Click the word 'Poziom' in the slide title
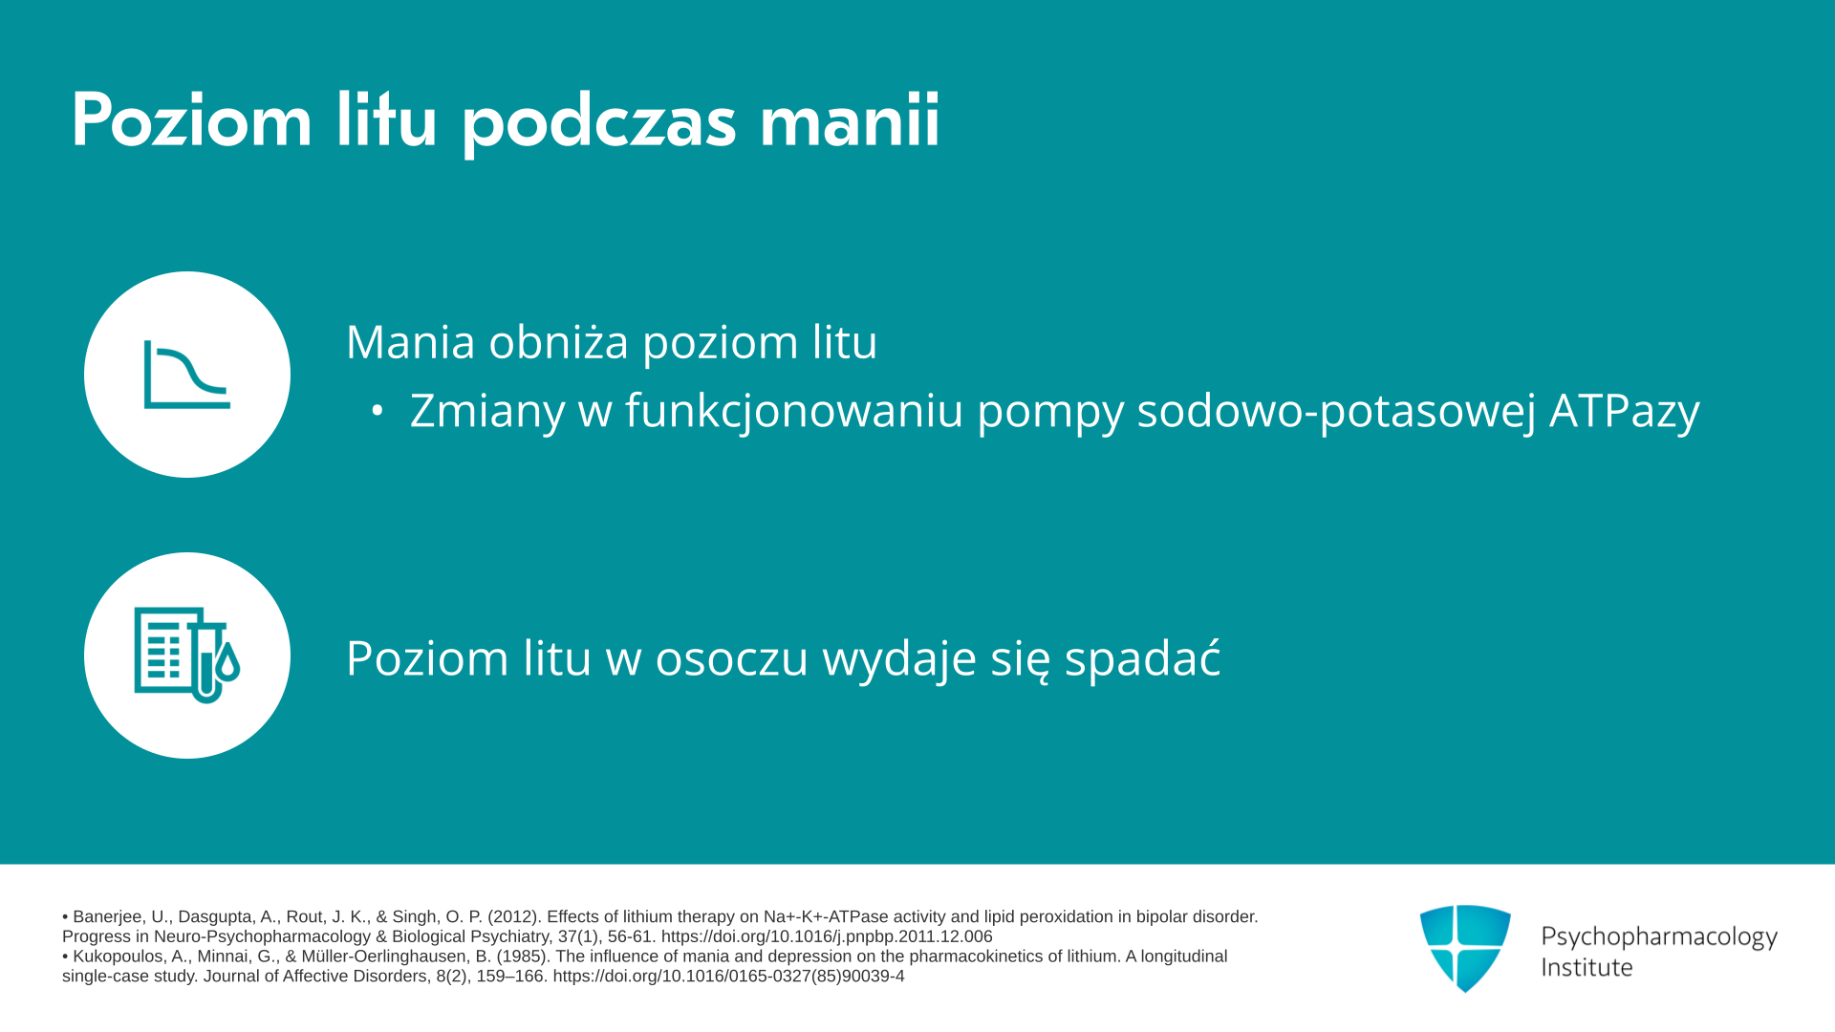[192, 121]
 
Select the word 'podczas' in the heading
[599, 123]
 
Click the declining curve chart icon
[187, 375]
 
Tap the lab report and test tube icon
[187, 656]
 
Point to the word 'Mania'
[410, 342]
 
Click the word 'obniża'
[559, 341]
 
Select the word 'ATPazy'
[1624, 412]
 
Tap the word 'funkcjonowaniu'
[794, 411]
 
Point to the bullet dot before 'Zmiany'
[378, 411]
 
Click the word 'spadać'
[1142, 657]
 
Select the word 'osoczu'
[731, 658]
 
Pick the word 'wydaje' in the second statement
[899, 659]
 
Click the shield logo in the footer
[1465, 948]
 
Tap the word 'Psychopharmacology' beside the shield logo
[1659, 937]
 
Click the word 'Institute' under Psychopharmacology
[1587, 967]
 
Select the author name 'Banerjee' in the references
[109, 917]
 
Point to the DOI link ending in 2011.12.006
[827, 937]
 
